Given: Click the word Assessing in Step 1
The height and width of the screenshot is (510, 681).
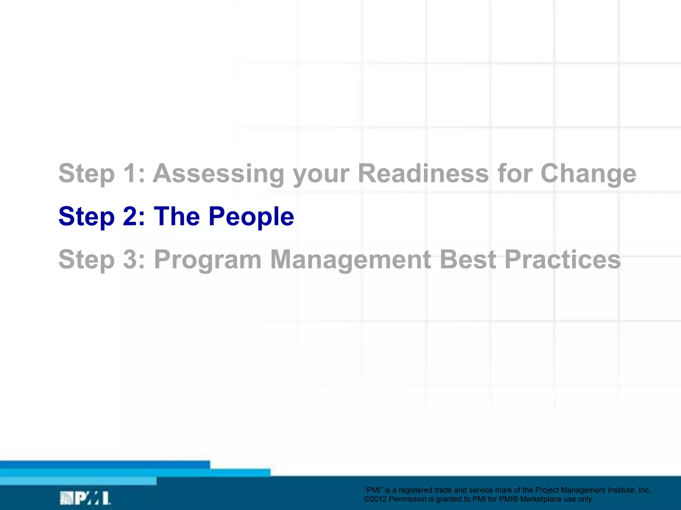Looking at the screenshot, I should coord(218,173).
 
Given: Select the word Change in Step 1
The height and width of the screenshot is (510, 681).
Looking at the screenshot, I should coord(588,174).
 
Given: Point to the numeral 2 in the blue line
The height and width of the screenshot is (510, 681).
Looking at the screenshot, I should coord(130,216).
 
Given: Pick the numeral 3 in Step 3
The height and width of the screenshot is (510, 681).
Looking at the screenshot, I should coord(130,260).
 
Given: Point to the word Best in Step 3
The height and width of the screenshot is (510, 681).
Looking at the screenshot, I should coord(468,260).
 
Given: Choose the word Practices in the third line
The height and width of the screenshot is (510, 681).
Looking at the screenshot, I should coord(563,260).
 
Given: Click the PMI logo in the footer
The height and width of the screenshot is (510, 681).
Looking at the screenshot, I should coord(85,498).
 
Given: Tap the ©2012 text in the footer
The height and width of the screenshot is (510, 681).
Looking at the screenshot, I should coord(376,499).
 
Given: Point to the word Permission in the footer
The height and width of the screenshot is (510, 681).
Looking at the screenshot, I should coord(407,499).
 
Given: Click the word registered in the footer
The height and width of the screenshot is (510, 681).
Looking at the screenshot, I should coord(416,490).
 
